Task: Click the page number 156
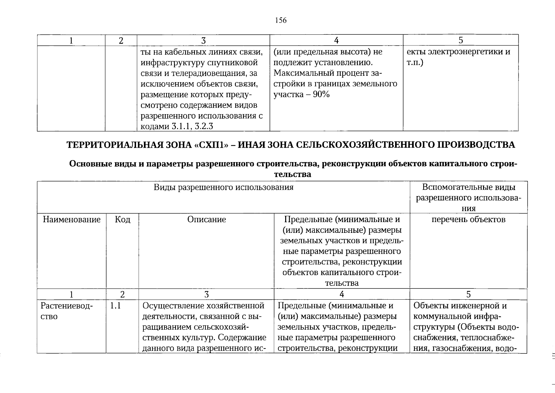tap(281, 21)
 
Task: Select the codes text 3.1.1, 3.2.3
tap(192, 126)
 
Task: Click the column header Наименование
tap(72, 219)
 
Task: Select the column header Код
tap(122, 219)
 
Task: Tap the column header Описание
tap(206, 219)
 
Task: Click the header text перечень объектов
tap(468, 219)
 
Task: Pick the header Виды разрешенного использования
tap(224, 187)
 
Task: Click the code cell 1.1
tap(115, 306)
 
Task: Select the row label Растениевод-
tap(67, 306)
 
